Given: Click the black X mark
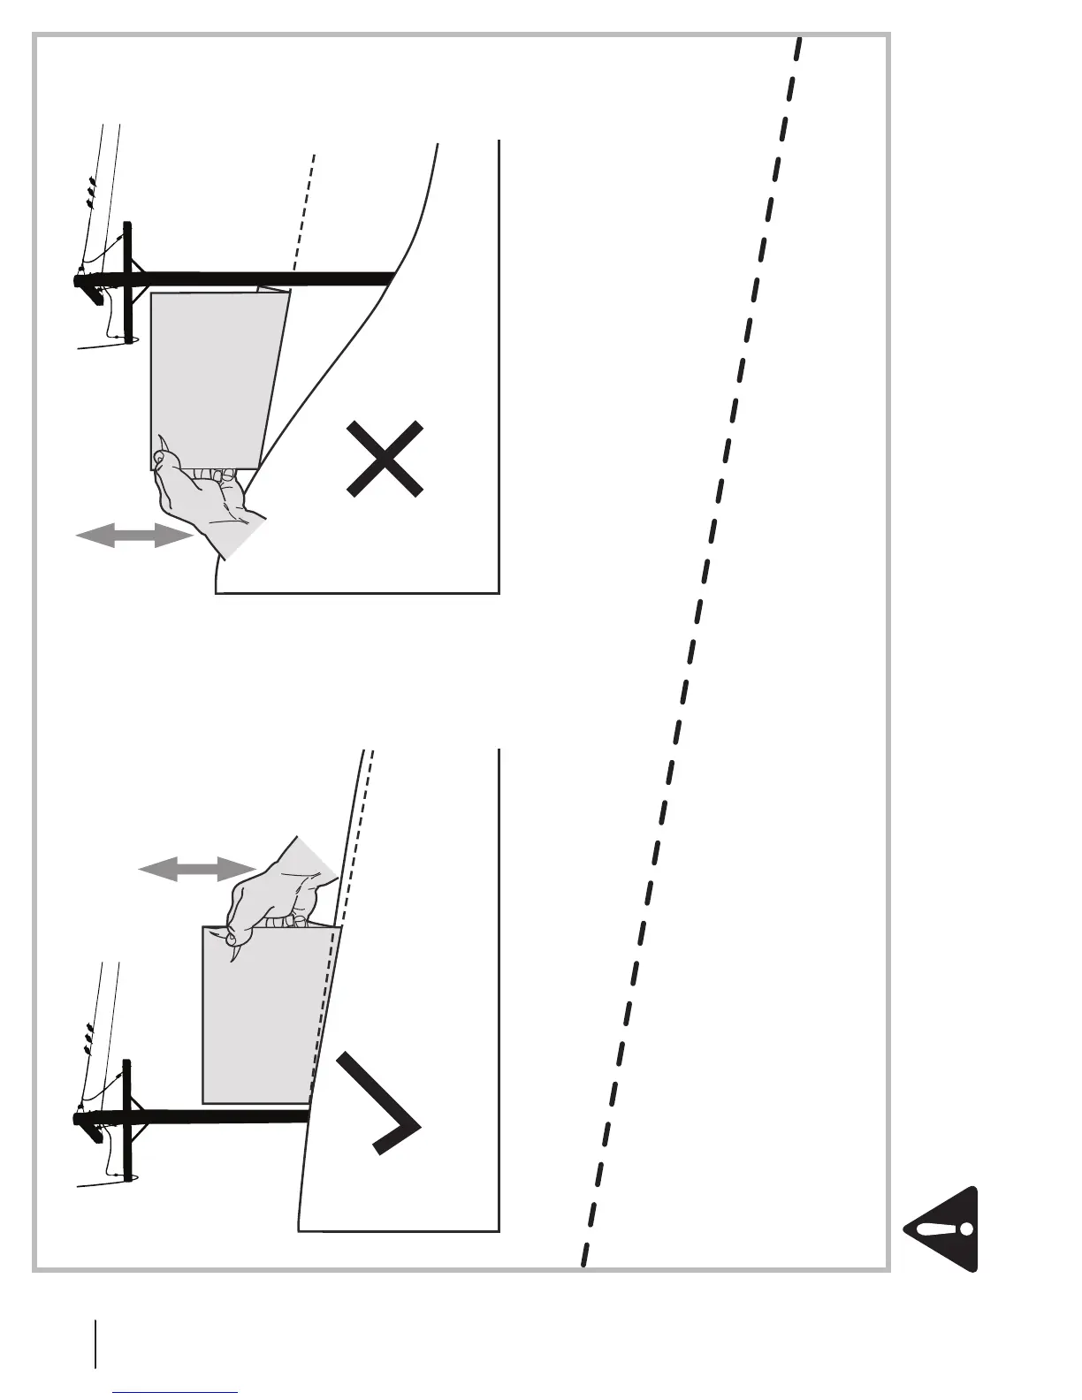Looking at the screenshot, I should pos(385,459).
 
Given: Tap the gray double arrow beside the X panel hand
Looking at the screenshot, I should pos(133,535).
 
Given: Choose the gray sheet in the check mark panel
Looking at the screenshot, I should pos(261,1016).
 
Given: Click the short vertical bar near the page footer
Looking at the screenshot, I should pos(95,1343).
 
